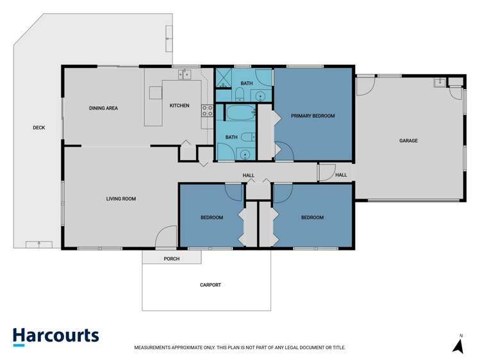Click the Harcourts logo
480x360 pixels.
56,336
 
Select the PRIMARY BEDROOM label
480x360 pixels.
313,116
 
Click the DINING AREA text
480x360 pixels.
103,108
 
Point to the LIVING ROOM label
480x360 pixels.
121,199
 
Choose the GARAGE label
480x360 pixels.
408,140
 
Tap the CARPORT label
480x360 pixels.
210,284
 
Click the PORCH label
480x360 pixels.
172,259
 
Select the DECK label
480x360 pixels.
39,127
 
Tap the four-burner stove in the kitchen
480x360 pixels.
207,110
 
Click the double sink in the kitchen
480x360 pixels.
185,75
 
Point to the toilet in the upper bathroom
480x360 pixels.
238,95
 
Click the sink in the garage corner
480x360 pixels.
439,82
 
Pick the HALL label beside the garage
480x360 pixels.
341,175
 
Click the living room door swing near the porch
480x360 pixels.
166,237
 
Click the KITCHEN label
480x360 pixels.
179,105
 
